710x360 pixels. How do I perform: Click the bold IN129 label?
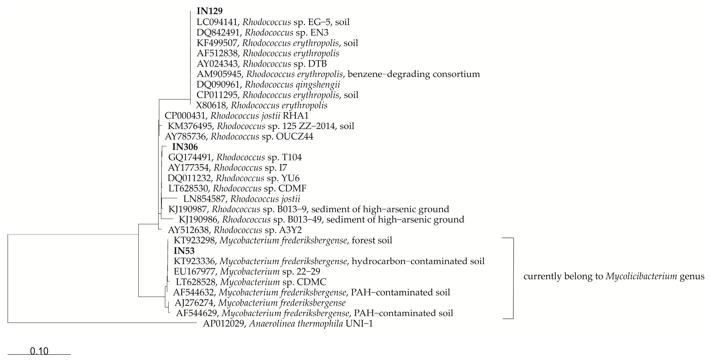[210, 11]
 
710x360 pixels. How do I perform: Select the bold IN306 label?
[185, 147]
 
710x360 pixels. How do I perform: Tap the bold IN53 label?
[184, 251]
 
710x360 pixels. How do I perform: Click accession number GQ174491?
[190, 157]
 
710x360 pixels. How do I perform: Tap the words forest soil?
[372, 240]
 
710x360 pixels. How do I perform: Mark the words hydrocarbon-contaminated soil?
[418, 261]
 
